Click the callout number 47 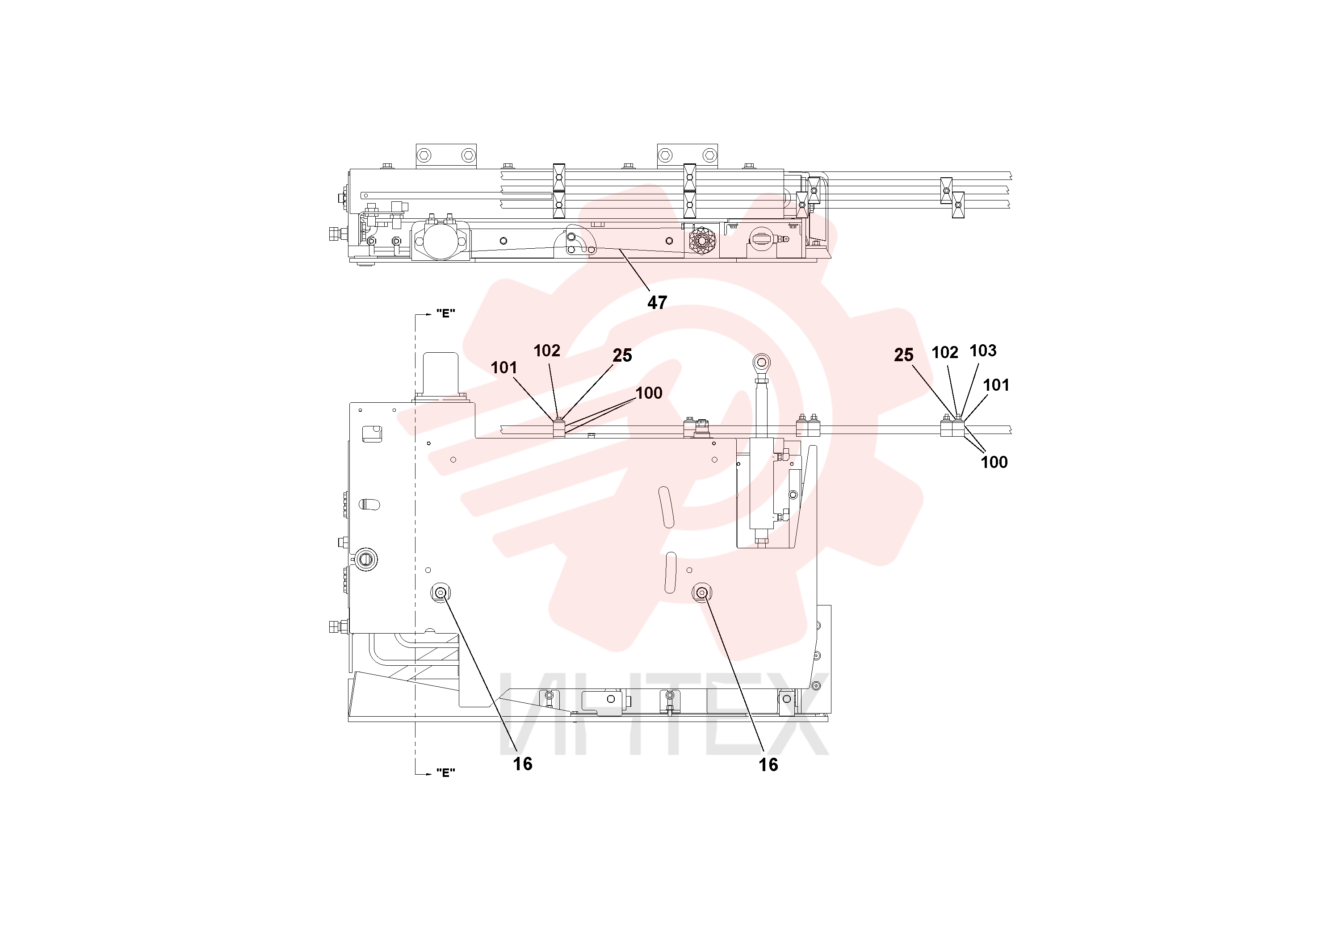point(657,302)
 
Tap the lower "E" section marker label point(445,773)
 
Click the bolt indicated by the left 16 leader point(440,593)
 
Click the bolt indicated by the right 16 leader point(702,593)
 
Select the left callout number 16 point(523,764)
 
